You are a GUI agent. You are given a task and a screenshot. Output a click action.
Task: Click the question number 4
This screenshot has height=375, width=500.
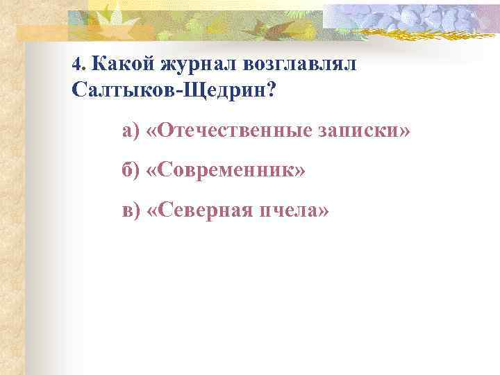point(76,65)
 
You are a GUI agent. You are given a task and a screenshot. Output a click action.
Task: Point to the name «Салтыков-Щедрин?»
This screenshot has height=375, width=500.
point(173,90)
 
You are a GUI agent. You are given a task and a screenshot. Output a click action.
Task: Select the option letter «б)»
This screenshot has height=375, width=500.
point(131,170)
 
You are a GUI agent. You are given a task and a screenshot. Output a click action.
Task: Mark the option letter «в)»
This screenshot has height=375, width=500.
point(131,210)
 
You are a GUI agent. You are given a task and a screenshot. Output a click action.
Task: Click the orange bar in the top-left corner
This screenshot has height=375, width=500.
point(42,31)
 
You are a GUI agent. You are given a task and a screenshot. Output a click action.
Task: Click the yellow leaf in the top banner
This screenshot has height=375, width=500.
point(111,14)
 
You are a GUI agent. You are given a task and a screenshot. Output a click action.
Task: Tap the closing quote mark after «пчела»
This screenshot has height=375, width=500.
point(323,210)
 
